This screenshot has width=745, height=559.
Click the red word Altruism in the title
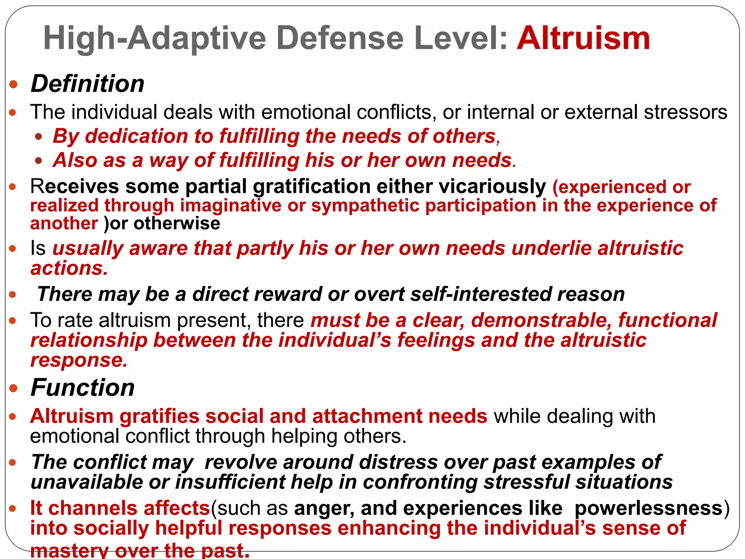[x=583, y=38]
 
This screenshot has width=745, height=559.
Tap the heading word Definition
[x=88, y=84]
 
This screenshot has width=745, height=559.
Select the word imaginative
[x=231, y=205]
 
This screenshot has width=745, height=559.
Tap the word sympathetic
[x=365, y=205]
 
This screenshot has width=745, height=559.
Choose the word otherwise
[x=177, y=223]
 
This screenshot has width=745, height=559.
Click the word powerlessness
[x=648, y=508]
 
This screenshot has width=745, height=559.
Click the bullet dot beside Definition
[x=13, y=85]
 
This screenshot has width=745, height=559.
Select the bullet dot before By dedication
[x=39, y=137]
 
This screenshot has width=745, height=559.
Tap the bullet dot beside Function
[x=13, y=388]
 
